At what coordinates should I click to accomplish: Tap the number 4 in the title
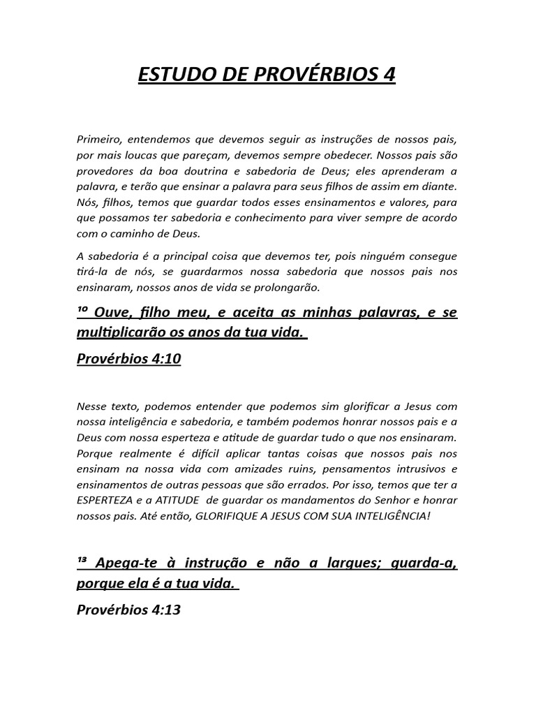point(389,75)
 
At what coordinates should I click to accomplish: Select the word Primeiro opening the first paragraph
point(98,140)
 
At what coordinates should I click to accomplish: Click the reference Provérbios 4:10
point(128,360)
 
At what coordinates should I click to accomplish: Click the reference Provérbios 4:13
point(128,609)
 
